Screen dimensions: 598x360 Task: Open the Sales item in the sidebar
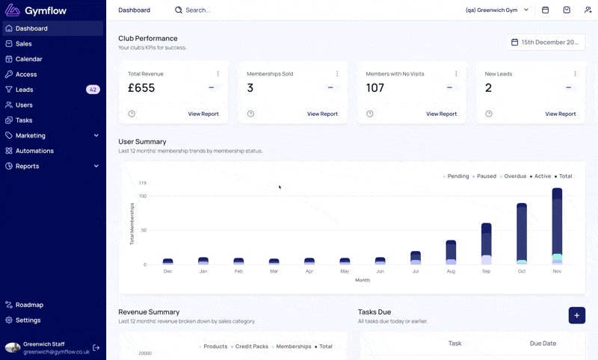tap(24, 44)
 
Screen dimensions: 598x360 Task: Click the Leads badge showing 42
tap(93, 90)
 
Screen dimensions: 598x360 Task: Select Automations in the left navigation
tap(34, 151)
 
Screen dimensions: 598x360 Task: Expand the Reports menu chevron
tap(96, 166)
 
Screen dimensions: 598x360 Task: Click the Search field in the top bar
tap(197, 10)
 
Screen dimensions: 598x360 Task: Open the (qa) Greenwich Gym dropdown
tap(497, 10)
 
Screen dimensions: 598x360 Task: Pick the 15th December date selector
tap(546, 43)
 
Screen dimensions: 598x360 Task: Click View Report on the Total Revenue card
tap(203, 114)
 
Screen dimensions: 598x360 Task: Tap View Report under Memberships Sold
tap(322, 114)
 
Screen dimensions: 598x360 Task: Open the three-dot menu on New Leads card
tap(575, 73)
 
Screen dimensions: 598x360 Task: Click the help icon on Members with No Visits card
tap(369, 114)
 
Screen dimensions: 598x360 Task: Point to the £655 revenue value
tap(141, 88)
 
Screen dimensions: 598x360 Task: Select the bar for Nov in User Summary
tap(557, 226)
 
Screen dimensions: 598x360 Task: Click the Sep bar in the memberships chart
tap(487, 243)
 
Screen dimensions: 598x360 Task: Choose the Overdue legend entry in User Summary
tap(513, 176)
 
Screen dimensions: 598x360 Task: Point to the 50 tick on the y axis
tap(144, 230)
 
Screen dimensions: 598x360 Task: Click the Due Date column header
tap(543, 344)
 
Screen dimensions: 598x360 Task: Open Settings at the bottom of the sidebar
tap(28, 320)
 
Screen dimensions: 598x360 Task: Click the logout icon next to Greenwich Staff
tap(96, 347)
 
